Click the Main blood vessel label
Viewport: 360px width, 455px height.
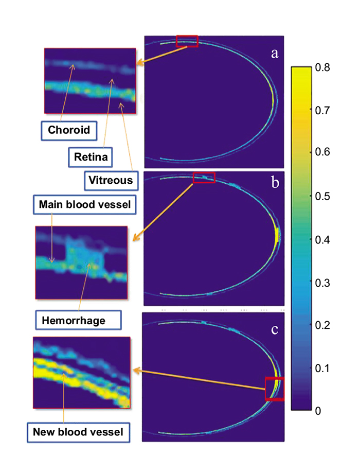[x=84, y=204]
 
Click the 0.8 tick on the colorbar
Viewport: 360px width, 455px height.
[x=324, y=67]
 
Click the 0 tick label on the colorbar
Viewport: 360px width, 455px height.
[x=319, y=411]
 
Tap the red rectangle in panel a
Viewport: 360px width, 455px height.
[x=187, y=41]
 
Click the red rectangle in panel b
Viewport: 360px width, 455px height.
[x=204, y=177]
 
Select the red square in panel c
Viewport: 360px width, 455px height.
[x=274, y=388]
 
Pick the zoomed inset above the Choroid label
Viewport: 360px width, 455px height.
[x=90, y=81]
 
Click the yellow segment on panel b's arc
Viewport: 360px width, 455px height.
[x=277, y=235]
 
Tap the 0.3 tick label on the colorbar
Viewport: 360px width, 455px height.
[x=324, y=282]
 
